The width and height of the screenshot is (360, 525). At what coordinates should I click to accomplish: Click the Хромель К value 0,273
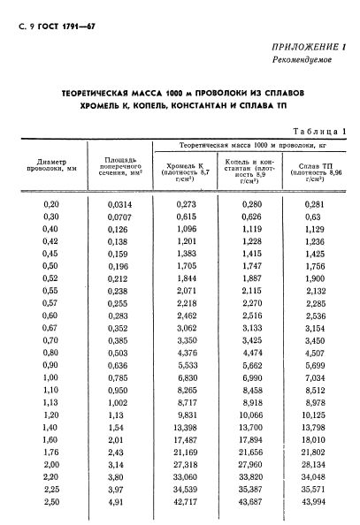[x=185, y=204]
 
